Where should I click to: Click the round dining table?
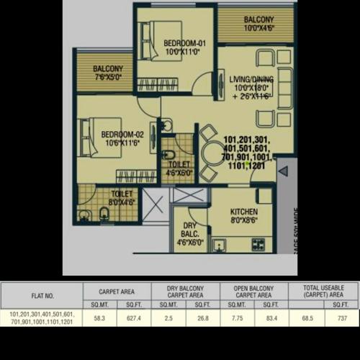214,153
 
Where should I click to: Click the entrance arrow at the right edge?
283,171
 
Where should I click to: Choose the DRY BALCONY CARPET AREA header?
186,290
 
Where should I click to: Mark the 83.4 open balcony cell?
271,318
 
